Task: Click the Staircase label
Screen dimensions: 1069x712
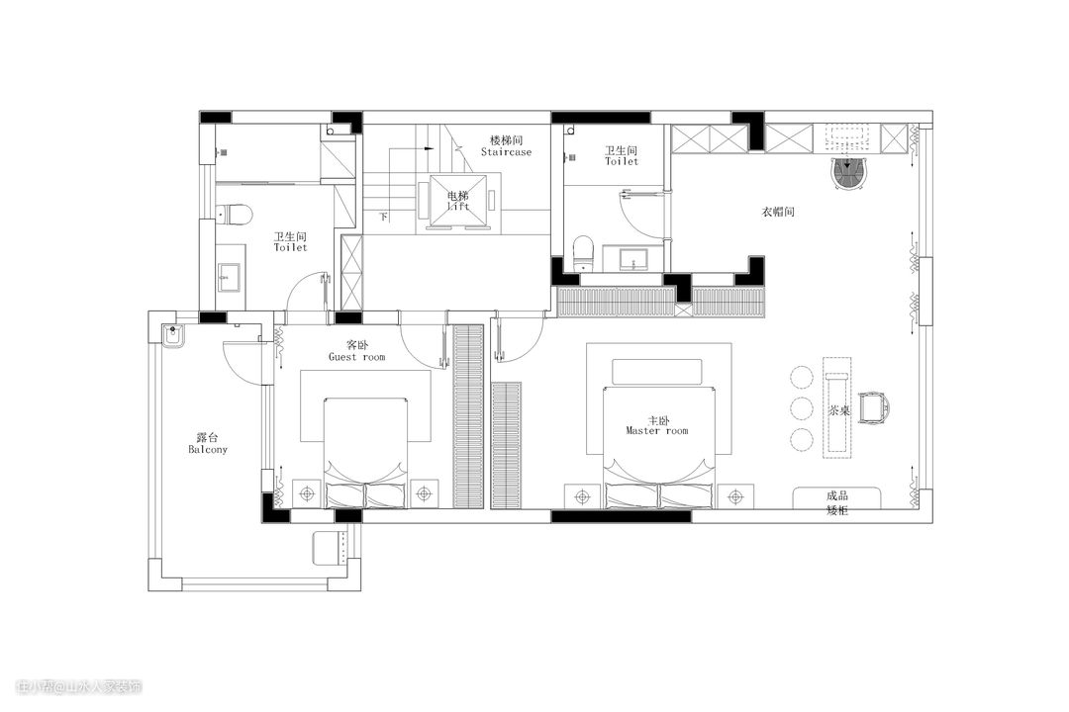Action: pyautogui.click(x=506, y=152)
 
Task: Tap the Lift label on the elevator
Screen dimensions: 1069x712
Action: pyautogui.click(x=458, y=206)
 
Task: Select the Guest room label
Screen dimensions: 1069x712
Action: pyautogui.click(x=356, y=357)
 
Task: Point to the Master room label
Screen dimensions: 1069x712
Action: pyautogui.click(x=657, y=430)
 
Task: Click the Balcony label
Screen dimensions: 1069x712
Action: pyautogui.click(x=208, y=450)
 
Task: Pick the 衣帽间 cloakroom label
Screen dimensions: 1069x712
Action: pyautogui.click(x=778, y=212)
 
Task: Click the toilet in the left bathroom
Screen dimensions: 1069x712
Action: pyautogui.click(x=235, y=215)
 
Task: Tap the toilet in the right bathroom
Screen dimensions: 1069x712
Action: pyautogui.click(x=584, y=252)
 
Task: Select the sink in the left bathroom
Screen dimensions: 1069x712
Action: pyautogui.click(x=230, y=277)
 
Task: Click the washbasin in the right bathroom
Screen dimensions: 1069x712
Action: pyautogui.click(x=633, y=260)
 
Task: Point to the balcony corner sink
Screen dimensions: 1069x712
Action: pyautogui.click(x=173, y=336)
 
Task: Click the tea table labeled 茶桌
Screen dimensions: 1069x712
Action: pyautogui.click(x=837, y=407)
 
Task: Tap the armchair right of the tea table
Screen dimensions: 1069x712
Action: pyautogui.click(x=874, y=408)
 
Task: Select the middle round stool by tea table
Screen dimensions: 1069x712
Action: pyautogui.click(x=802, y=408)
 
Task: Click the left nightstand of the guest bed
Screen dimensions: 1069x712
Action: pyautogui.click(x=309, y=493)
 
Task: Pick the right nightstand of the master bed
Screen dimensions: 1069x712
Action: pyautogui.click(x=735, y=497)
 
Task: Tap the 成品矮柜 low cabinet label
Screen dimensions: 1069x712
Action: pyautogui.click(x=837, y=502)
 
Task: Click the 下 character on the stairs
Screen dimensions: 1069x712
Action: pyautogui.click(x=384, y=217)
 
